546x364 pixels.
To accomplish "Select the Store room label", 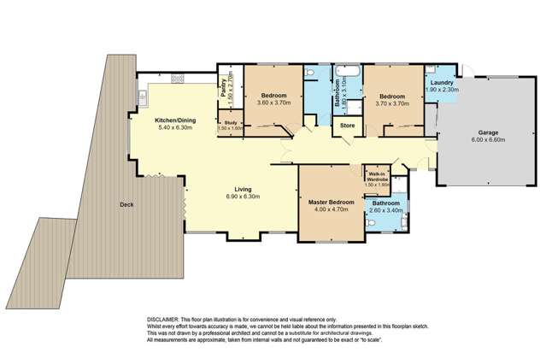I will pyautogui.click(x=348, y=126).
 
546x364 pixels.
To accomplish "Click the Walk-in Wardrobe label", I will pyautogui.click(x=377, y=178).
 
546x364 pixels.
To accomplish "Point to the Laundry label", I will pyautogui.click(x=443, y=83).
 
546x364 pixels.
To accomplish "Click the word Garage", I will pyautogui.click(x=488, y=133).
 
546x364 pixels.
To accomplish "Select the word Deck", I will pyautogui.click(x=126, y=204).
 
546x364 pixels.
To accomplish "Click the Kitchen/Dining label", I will pyautogui.click(x=175, y=120).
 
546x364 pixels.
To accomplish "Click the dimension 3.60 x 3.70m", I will pyautogui.click(x=273, y=103).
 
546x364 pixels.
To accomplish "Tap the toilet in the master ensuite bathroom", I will pyautogui.click(x=367, y=222).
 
